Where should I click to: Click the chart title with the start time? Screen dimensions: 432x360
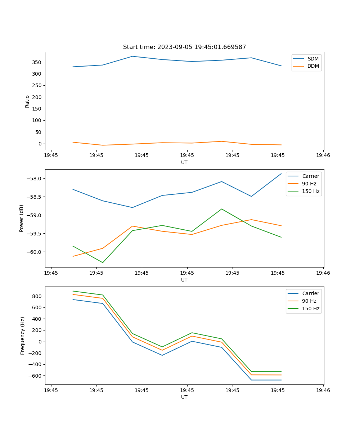[x=184, y=47]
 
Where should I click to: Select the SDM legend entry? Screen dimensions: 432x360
[x=313, y=59]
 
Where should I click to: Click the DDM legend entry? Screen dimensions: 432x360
[x=313, y=66]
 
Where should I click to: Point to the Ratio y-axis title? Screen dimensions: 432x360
[x=27, y=101]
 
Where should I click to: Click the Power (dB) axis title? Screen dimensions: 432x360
[x=22, y=218]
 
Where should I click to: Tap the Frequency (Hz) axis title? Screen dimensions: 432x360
[x=22, y=336]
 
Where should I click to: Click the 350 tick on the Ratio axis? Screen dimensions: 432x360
[x=36, y=62]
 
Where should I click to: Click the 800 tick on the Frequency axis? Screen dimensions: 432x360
[x=37, y=296]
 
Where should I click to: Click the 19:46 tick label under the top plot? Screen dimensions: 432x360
[x=323, y=156]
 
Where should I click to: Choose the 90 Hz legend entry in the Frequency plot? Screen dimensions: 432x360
[x=309, y=301]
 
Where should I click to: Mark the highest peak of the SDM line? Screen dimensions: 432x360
[x=132, y=56]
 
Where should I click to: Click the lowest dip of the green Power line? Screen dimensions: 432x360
[x=103, y=262]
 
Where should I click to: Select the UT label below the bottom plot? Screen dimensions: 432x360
[x=184, y=397]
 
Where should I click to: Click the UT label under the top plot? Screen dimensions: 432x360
[x=184, y=162]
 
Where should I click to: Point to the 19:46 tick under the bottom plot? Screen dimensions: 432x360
[x=323, y=390]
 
